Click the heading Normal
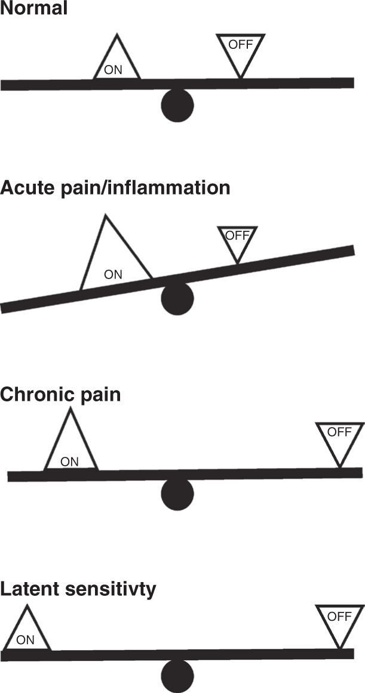pyautogui.click(x=34, y=10)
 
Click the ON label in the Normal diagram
pyautogui.click(x=113, y=70)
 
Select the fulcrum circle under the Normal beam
pyautogui.click(x=177, y=106)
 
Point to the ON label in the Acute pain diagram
pyautogui.click(x=113, y=275)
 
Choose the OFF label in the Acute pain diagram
pyautogui.click(x=237, y=235)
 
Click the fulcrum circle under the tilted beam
pyautogui.click(x=177, y=298)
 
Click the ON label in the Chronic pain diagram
pyautogui.click(x=70, y=461)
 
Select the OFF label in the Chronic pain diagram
pyautogui.click(x=339, y=432)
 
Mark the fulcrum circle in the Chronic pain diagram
pyautogui.click(x=177, y=494)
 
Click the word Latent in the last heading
pyautogui.click(x=29, y=590)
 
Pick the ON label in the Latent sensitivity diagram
pyautogui.click(x=25, y=640)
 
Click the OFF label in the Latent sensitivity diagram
pyautogui.click(x=339, y=616)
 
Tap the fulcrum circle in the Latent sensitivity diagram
pyautogui.click(x=177, y=676)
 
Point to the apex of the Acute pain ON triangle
pyautogui.click(x=105, y=216)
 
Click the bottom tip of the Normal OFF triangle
pyautogui.click(x=240, y=78)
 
